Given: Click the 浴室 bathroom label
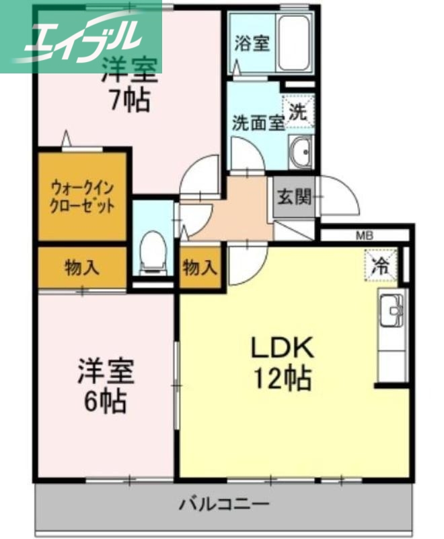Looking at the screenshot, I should (x=252, y=44).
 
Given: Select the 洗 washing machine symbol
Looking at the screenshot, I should (x=298, y=113).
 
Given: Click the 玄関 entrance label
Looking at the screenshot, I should (x=294, y=197).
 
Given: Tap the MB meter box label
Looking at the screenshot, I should (x=364, y=236).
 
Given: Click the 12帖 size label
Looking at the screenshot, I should (x=283, y=380).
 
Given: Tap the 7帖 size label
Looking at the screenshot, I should (x=129, y=101).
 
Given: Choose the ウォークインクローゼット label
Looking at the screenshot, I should (x=82, y=195).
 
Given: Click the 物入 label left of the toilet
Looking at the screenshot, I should (x=82, y=267).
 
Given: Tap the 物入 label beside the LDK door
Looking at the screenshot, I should (x=200, y=268).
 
